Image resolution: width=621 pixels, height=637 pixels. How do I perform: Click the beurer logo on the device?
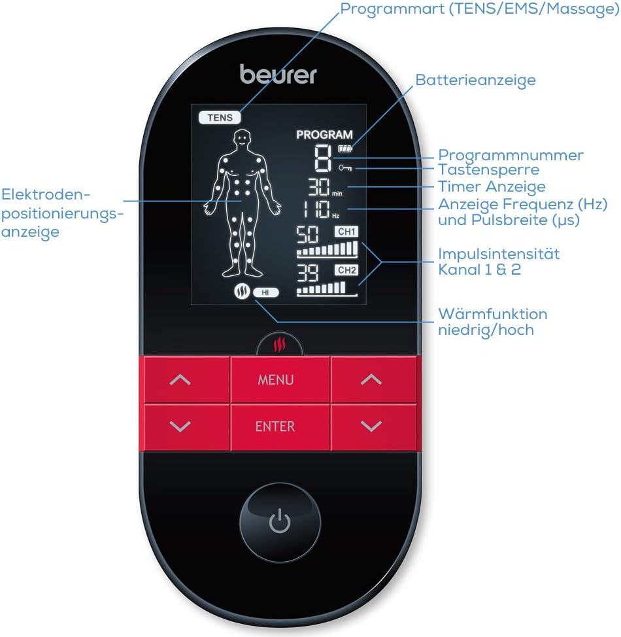(278, 75)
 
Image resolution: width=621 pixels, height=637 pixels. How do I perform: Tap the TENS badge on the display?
(220, 118)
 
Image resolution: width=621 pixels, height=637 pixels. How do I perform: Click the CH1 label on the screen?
(346, 232)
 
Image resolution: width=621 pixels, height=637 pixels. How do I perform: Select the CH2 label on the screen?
(346, 270)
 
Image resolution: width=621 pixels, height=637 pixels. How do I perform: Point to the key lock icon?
(345, 167)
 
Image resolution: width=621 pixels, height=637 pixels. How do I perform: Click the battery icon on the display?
(345, 148)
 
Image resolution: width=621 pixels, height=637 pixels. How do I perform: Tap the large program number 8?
(323, 158)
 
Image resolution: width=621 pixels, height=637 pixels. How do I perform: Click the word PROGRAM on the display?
(324, 135)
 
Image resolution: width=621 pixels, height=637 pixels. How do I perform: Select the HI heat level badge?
(265, 292)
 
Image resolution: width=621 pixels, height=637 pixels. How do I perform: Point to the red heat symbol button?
(279, 345)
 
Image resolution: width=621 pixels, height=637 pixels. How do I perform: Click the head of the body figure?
(243, 139)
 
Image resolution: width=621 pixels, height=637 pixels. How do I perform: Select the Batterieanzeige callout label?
(476, 80)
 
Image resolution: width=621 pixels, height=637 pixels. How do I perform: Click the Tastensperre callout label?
(488, 170)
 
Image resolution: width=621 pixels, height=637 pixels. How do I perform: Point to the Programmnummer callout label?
(511, 155)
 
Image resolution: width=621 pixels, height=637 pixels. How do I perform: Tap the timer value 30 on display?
(319, 187)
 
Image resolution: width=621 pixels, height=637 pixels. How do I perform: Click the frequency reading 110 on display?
(316, 209)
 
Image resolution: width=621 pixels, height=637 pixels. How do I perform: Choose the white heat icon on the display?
(242, 291)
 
